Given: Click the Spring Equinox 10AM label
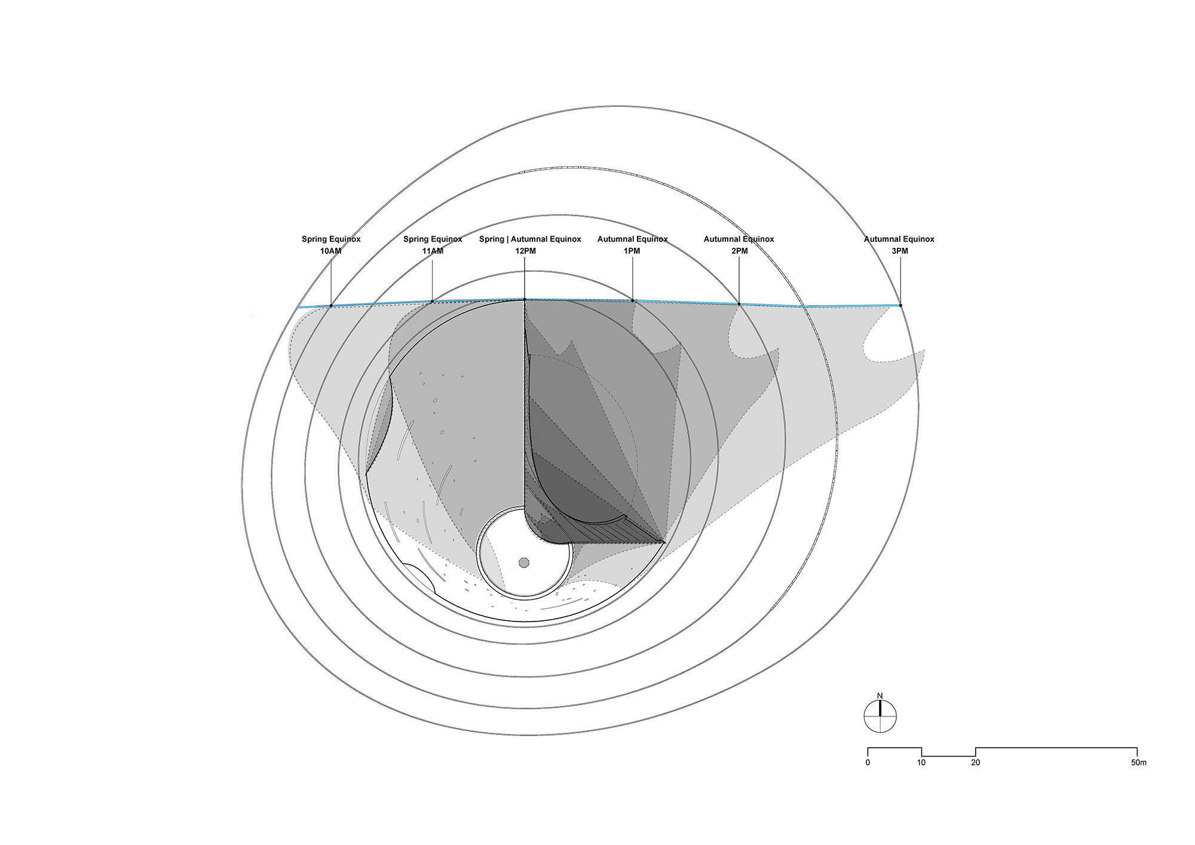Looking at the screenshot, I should pyautogui.click(x=331, y=245).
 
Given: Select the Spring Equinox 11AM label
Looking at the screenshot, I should pyautogui.click(x=433, y=245).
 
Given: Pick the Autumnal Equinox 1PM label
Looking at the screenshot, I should pyautogui.click(x=632, y=245).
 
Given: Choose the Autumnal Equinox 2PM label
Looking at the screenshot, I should pyautogui.click(x=739, y=245).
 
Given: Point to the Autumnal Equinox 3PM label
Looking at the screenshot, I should pyautogui.click(x=899, y=245).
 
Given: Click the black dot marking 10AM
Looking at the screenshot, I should pyautogui.click(x=331, y=306).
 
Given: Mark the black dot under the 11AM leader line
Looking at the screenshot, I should pyautogui.click(x=433, y=302).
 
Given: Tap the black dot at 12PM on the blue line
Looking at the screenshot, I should pyautogui.click(x=525, y=299).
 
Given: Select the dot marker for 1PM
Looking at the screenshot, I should pyautogui.click(x=633, y=301).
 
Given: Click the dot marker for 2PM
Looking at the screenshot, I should pyautogui.click(x=739, y=304).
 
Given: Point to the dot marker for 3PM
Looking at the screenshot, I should pyautogui.click(x=900, y=305).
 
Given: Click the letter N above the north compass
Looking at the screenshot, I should pyautogui.click(x=880, y=696).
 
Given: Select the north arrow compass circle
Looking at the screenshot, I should pyautogui.click(x=880, y=716).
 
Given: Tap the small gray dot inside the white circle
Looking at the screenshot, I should pyautogui.click(x=524, y=562).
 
